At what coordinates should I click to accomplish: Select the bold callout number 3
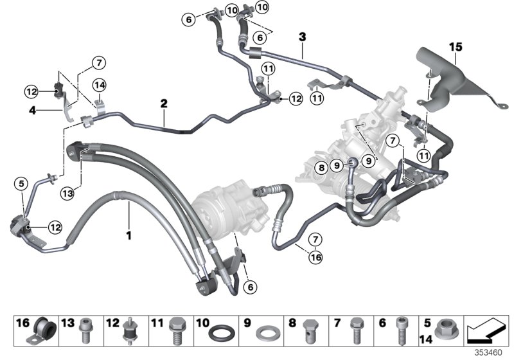[302, 37]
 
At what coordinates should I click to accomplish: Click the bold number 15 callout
[455, 46]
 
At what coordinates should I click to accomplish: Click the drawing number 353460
[489, 354]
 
